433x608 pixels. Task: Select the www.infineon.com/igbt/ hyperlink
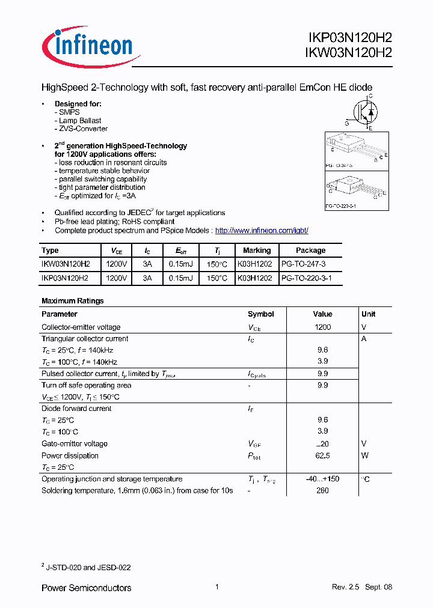click(262, 230)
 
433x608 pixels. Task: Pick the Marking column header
click(257, 251)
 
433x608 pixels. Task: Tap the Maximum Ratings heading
click(72, 300)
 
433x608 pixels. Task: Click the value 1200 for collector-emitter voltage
click(322, 327)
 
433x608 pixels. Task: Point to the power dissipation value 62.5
click(322, 456)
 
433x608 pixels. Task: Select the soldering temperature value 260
click(322, 491)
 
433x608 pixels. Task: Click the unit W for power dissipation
click(364, 456)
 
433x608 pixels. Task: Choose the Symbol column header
click(261, 314)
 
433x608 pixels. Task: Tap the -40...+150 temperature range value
click(322, 479)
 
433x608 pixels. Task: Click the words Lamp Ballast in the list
click(80, 121)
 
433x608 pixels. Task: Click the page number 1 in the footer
click(216, 587)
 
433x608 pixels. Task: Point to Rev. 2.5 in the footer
click(345, 587)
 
